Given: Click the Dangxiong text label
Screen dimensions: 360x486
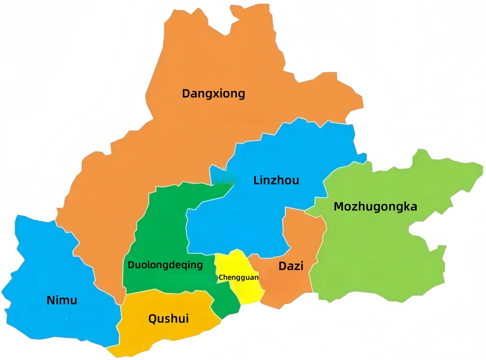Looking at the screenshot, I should pyautogui.click(x=213, y=94).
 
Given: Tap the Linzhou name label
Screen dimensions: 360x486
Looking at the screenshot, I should pyautogui.click(x=276, y=180).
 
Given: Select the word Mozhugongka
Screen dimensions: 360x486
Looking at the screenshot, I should pyautogui.click(x=375, y=207).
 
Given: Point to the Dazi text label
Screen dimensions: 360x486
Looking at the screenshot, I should pyautogui.click(x=291, y=266).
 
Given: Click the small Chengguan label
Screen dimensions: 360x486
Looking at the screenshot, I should pyautogui.click(x=238, y=277).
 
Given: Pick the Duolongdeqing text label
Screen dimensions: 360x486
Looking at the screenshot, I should pyautogui.click(x=165, y=265).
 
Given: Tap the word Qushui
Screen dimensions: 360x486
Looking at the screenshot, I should pyautogui.click(x=168, y=319).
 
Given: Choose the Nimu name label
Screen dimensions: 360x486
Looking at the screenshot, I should pyautogui.click(x=62, y=300).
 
